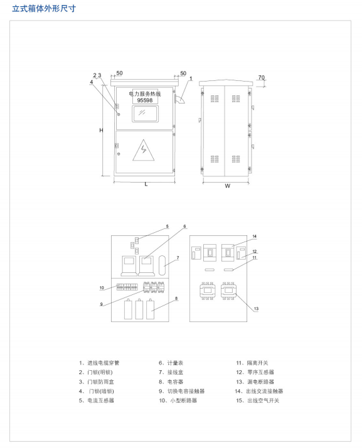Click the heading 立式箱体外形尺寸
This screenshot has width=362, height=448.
(x=44, y=9)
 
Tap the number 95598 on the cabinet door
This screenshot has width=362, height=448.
(x=145, y=100)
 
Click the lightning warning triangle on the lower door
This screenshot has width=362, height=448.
(x=144, y=151)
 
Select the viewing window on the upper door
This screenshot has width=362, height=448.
(x=145, y=114)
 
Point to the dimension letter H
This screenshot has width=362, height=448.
(x=101, y=131)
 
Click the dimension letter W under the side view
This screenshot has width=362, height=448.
(x=228, y=186)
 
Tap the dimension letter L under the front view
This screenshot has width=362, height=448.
(x=146, y=184)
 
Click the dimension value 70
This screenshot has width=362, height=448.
(x=262, y=77)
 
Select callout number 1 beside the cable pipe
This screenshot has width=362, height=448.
(x=191, y=78)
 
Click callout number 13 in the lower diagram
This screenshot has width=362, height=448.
(x=256, y=309)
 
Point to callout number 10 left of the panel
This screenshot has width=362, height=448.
(x=102, y=288)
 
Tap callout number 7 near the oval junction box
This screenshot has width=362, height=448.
(x=178, y=258)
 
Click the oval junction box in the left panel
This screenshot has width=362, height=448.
(x=162, y=265)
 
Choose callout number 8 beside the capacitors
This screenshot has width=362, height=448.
(x=176, y=299)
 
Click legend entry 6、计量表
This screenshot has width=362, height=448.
(x=171, y=363)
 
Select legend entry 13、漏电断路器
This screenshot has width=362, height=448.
(x=255, y=381)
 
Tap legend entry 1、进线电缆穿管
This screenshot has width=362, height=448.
(x=99, y=363)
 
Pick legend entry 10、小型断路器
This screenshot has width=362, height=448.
(x=178, y=400)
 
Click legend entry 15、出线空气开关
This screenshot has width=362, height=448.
(x=257, y=400)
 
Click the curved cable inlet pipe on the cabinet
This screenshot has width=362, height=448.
(x=179, y=100)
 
